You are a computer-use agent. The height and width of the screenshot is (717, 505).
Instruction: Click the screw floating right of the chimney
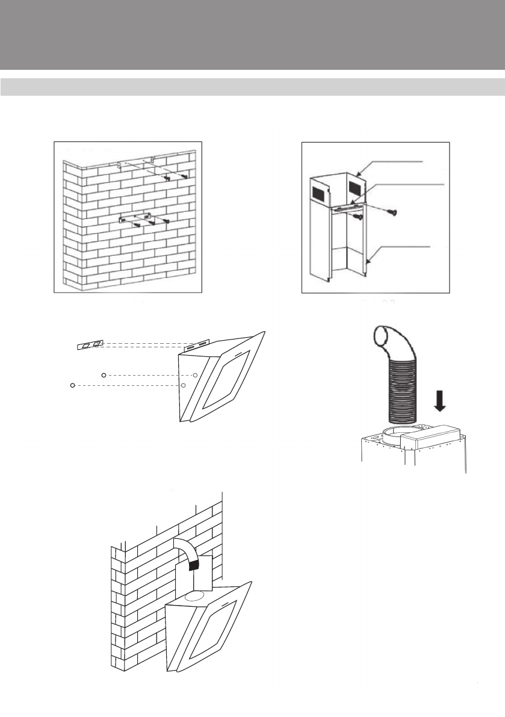(x=392, y=211)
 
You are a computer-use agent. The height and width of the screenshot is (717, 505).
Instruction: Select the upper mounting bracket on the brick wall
(x=135, y=163)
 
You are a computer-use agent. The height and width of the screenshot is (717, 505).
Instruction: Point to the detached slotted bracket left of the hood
(x=90, y=344)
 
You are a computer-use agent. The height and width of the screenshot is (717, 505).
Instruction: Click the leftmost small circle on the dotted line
(x=72, y=385)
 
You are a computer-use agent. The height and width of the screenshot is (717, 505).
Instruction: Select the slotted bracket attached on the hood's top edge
(x=196, y=346)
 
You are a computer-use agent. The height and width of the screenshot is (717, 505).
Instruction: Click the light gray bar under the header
(x=252, y=86)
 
